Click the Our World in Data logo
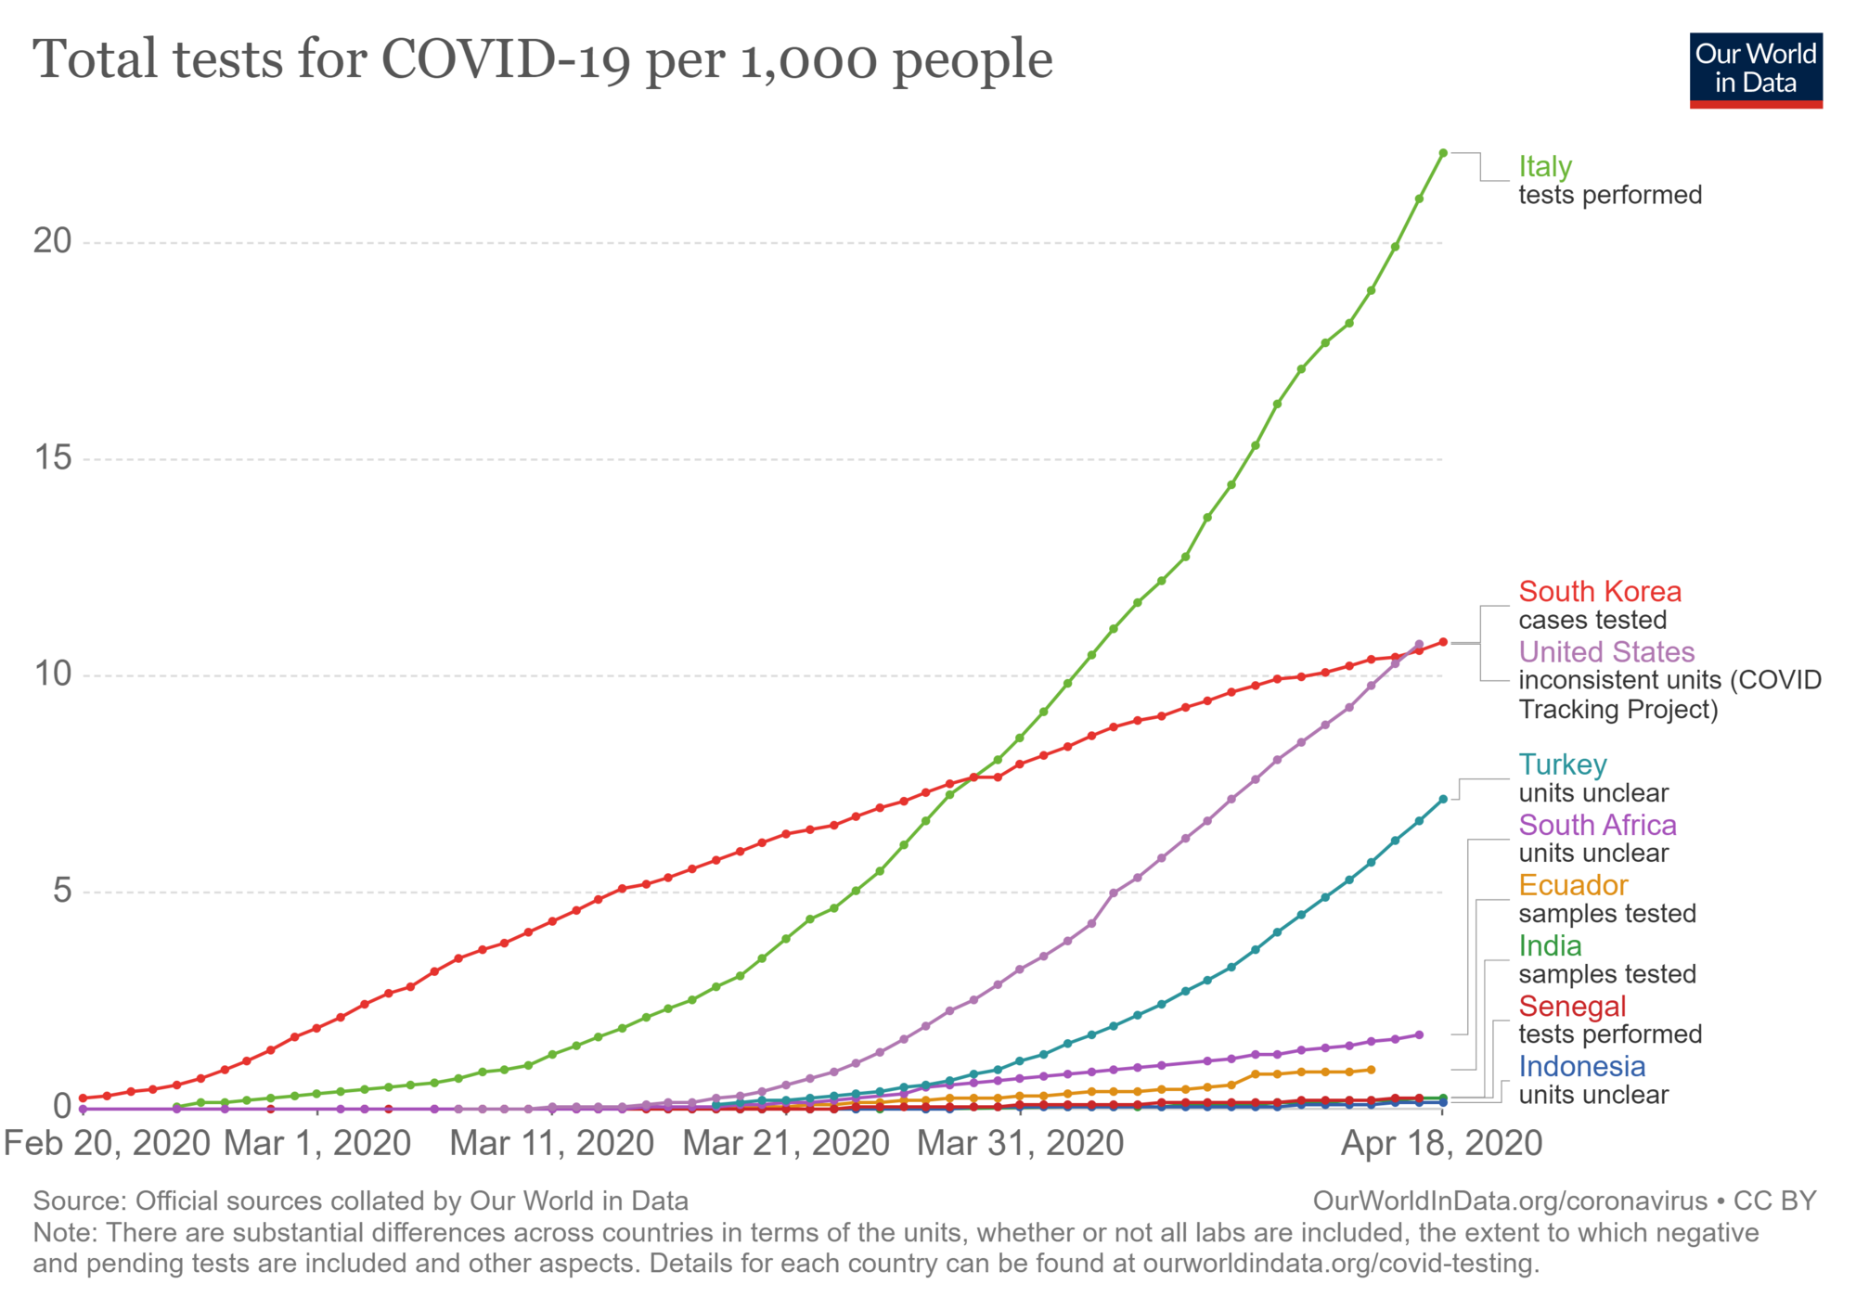[x=1756, y=71]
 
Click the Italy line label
[x=1545, y=167]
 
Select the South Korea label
[x=1600, y=592]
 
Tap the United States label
[x=1606, y=652]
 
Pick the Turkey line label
[x=1563, y=764]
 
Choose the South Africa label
[x=1597, y=825]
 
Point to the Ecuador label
[x=1573, y=885]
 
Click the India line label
[x=1550, y=946]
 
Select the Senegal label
[x=1572, y=1007]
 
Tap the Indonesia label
[x=1581, y=1067]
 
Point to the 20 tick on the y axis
[x=52, y=241]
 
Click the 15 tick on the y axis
[x=52, y=458]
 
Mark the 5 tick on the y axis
[x=61, y=892]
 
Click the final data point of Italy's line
[x=1443, y=153]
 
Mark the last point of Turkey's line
[x=1443, y=799]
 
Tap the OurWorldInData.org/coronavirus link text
[x=1510, y=1201]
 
